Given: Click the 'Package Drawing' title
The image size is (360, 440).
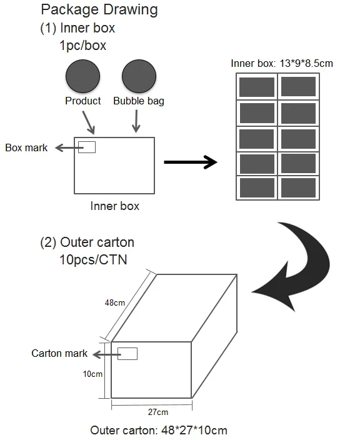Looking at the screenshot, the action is (x=99, y=11).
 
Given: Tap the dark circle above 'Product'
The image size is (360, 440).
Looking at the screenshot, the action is (x=82, y=76).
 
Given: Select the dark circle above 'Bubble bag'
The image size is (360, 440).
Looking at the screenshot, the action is (x=139, y=76).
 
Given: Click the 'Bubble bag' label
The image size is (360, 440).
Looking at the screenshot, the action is (x=139, y=101).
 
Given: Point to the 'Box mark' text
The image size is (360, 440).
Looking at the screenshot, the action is (x=26, y=147).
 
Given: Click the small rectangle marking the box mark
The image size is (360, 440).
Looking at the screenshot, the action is (x=87, y=147).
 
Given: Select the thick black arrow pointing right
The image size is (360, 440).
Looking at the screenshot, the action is (x=191, y=162).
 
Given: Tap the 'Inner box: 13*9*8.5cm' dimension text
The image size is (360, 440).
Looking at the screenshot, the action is (x=282, y=63).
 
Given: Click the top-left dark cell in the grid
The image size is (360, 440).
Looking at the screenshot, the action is (x=257, y=87).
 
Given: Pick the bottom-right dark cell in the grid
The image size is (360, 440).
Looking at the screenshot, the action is (x=298, y=187).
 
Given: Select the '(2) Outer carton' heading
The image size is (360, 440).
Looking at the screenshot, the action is (x=87, y=242).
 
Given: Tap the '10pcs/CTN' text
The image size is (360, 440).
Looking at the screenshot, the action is (x=93, y=259).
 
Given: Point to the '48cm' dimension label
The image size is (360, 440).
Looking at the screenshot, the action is (x=115, y=302).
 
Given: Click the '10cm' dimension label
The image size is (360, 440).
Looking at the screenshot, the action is (x=92, y=374).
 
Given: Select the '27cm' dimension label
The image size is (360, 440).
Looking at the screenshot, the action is (x=158, y=412).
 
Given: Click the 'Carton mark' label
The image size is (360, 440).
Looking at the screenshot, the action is (x=59, y=353).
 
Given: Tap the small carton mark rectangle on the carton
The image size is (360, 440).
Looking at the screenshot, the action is (x=127, y=354).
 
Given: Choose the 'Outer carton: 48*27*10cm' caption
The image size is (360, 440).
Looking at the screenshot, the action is (x=159, y=431).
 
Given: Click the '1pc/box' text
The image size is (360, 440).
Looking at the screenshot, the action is (x=82, y=46).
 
